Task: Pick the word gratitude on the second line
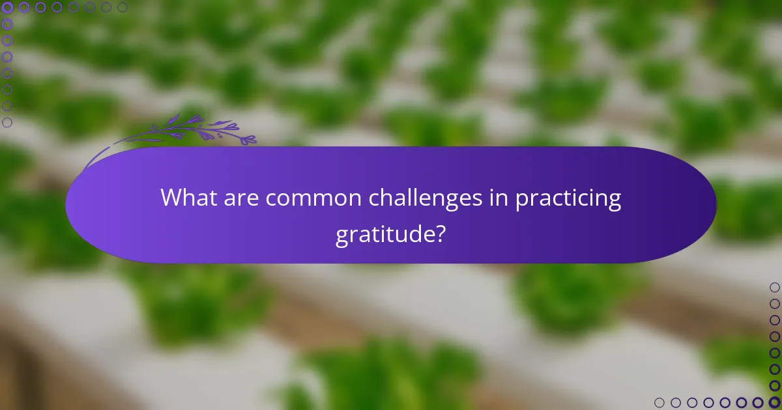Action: (384, 234)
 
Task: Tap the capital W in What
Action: (172, 198)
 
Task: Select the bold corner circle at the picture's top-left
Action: (8, 8)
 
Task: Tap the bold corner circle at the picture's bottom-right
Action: (774, 402)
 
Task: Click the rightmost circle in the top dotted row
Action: (123, 8)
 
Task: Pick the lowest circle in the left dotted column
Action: (8, 122)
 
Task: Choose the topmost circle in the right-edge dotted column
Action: (774, 287)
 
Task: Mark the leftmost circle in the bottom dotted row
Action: (659, 402)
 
